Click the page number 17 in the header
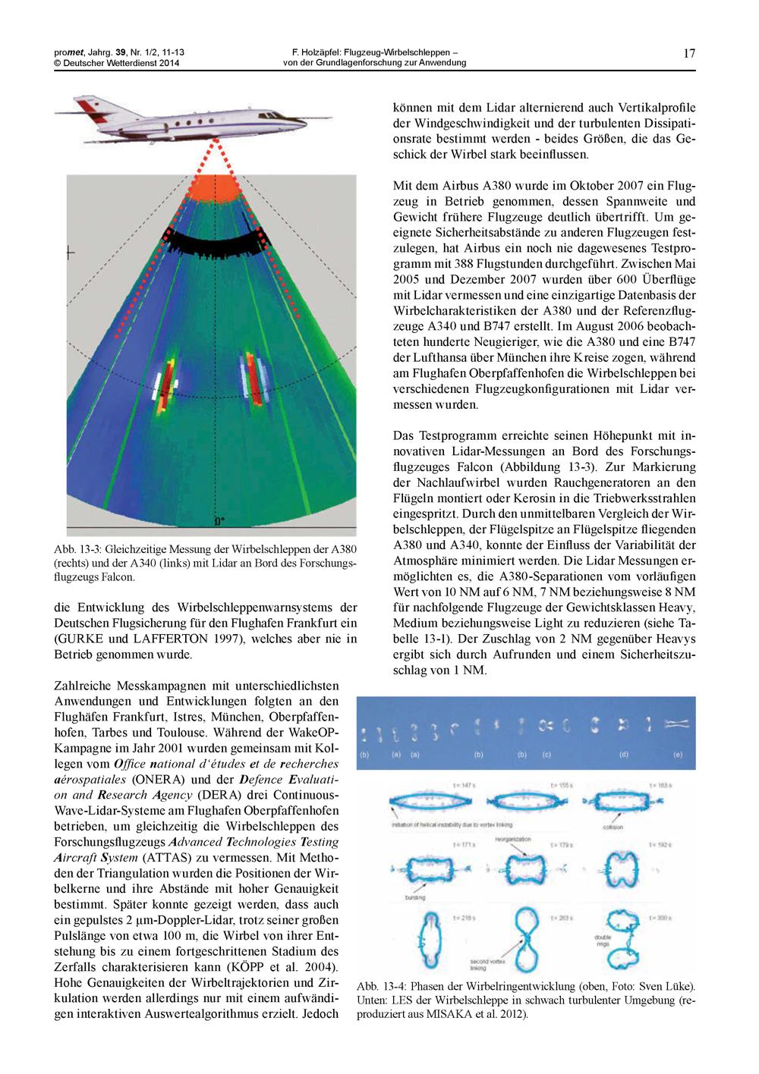(689, 53)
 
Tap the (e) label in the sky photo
(679, 755)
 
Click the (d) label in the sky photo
(623, 755)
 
